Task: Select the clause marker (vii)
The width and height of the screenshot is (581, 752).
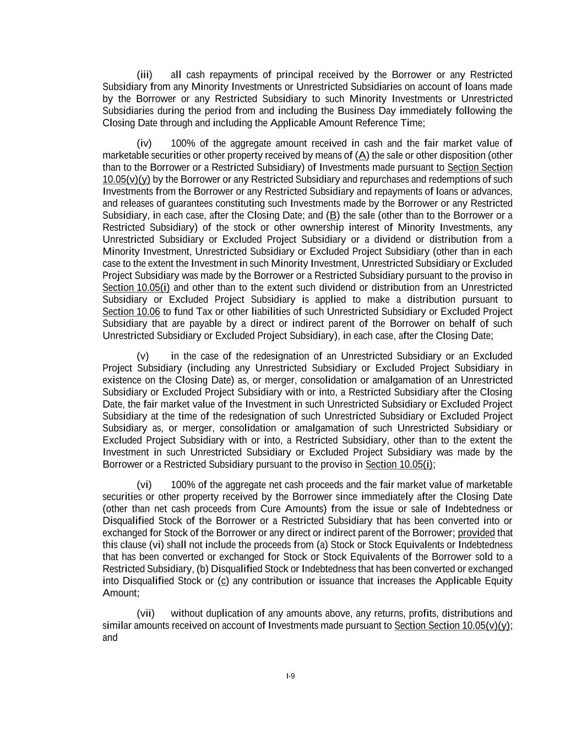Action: pyautogui.click(x=145, y=614)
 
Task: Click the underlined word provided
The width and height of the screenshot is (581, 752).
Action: pyautogui.click(x=476, y=533)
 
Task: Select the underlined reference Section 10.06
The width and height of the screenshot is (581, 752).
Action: pyautogui.click(x=131, y=312)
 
